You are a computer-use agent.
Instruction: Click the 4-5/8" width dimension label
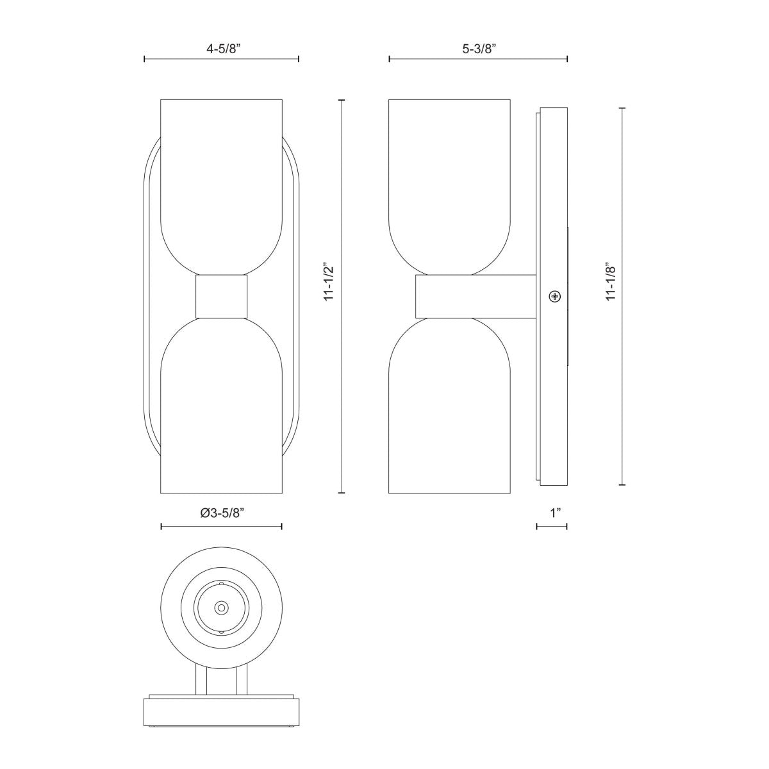tap(221, 47)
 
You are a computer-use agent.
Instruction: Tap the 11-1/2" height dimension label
tap(329, 281)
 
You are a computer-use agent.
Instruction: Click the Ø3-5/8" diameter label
tap(222, 513)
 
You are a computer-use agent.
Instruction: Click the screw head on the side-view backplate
tap(554, 296)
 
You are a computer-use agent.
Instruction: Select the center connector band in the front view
tap(221, 297)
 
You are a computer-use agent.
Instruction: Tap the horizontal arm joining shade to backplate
tap(475, 296)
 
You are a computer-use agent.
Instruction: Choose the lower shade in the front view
tap(221, 410)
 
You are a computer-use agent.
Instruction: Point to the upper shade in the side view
tap(449, 186)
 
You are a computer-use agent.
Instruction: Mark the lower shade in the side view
tap(449, 410)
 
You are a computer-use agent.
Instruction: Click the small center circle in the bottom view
tap(221, 606)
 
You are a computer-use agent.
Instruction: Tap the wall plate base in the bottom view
tap(221, 711)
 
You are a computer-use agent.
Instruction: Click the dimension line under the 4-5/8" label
tap(221, 59)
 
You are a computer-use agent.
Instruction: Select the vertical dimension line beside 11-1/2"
tap(342, 384)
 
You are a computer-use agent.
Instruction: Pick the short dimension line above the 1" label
tap(552, 527)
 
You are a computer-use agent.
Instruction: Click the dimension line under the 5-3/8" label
tap(478, 59)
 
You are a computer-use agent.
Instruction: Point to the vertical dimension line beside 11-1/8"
tap(622, 384)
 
